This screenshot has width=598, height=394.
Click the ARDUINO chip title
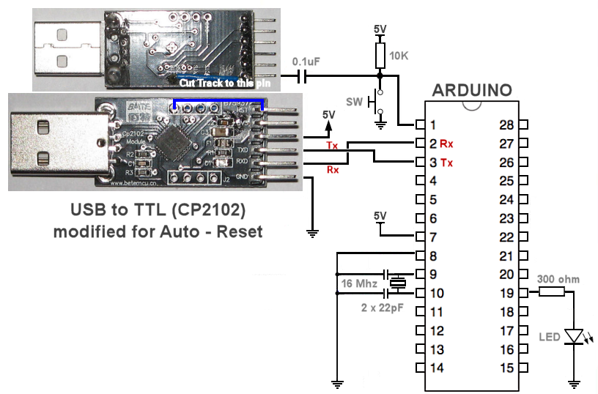[472, 91]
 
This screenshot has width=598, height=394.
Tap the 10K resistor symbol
[380, 55]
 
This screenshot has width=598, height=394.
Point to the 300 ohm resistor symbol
[551, 292]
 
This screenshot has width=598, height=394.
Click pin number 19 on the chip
[506, 293]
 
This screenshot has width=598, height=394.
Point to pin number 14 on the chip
[436, 368]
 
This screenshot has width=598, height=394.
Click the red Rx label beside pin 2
[446, 143]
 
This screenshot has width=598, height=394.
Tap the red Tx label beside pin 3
[446, 162]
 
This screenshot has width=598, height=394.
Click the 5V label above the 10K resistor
[380, 29]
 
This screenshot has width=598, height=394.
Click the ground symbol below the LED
[575, 382]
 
